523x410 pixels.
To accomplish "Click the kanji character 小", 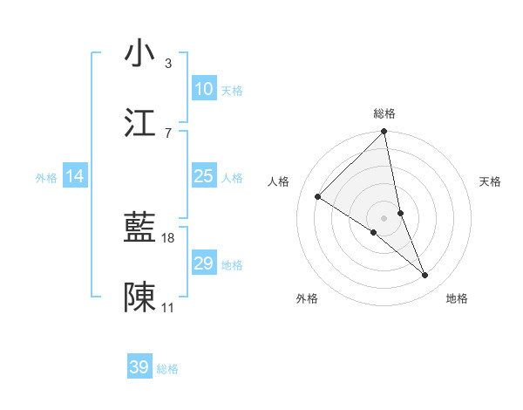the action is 140,53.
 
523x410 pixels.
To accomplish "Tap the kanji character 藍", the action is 140,229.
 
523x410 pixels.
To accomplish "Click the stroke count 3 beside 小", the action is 168,63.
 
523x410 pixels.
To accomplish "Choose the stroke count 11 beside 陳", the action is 168,308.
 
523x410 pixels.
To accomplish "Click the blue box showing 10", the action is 204,89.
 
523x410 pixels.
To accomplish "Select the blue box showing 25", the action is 204,176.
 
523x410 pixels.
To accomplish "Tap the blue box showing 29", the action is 204,263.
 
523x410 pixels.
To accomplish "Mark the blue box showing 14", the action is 75,176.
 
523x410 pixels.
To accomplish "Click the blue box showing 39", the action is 139,367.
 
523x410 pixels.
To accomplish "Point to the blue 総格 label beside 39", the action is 167,369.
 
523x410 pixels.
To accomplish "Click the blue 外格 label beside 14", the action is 46,178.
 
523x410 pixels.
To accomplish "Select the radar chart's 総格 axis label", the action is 384,113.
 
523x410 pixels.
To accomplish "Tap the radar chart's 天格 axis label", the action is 491,181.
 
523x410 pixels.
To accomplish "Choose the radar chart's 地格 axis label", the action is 457,298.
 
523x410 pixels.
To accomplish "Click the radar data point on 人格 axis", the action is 318,197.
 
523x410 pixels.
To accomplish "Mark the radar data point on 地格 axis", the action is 425,276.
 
